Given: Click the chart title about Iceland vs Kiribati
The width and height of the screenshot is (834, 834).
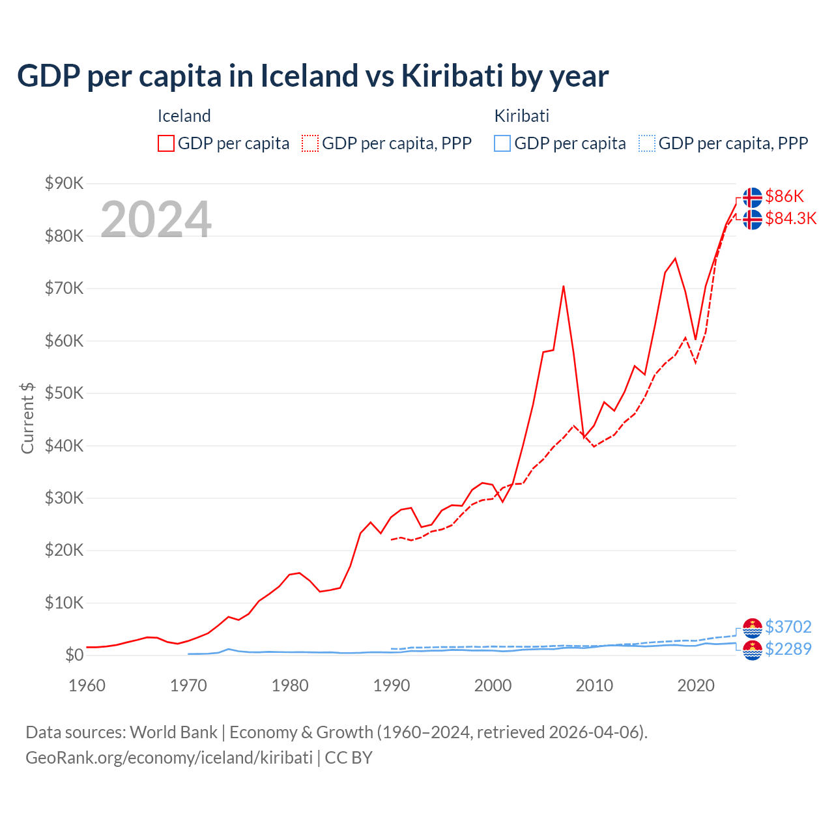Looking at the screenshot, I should click(x=313, y=76).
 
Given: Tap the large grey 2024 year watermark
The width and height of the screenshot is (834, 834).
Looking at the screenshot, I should click(x=156, y=219).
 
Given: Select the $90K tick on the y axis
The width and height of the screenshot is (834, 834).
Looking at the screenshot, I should click(x=64, y=183).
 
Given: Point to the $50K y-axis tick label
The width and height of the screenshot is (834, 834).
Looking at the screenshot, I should click(x=64, y=393).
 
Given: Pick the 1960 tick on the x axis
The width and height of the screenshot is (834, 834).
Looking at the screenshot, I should click(x=87, y=685).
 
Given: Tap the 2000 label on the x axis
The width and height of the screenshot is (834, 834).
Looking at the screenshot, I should click(x=493, y=685).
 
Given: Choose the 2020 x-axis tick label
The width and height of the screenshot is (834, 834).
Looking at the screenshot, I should click(x=696, y=685).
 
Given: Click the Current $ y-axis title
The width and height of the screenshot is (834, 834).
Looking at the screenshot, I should click(x=27, y=418).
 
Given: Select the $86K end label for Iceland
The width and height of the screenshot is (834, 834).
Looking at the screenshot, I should click(x=784, y=196).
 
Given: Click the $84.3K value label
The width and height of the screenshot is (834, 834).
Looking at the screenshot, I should click(x=790, y=218).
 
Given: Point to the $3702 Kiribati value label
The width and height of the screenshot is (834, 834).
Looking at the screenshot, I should click(x=788, y=627).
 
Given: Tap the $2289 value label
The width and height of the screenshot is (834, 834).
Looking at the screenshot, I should click(x=788, y=649).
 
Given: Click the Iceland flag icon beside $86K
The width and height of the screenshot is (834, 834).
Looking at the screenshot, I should click(x=753, y=197).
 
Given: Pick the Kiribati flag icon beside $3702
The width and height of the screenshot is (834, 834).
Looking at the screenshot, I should click(x=753, y=627).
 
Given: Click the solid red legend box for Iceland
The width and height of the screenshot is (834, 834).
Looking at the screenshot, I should click(x=166, y=143).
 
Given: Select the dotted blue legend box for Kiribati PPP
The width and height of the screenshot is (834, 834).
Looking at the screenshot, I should click(x=647, y=143).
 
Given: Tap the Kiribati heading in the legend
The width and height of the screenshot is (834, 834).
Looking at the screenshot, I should click(x=521, y=116).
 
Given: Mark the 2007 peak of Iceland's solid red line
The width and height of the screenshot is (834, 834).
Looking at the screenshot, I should click(x=564, y=286).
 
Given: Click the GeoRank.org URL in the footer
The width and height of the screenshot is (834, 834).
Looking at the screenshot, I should click(x=169, y=758).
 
